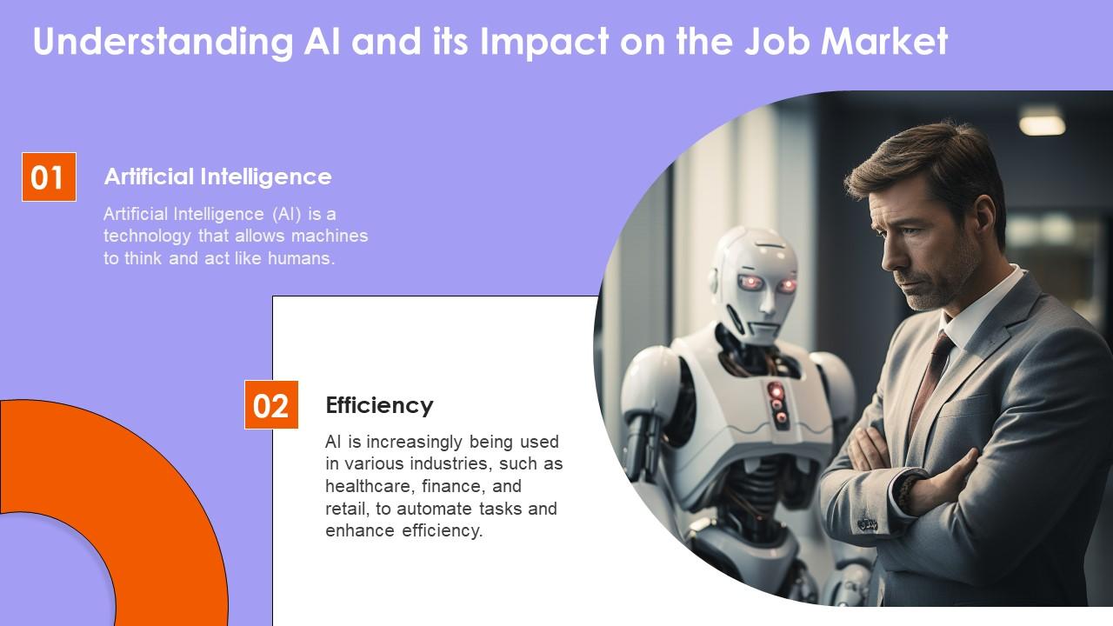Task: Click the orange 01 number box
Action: pyautogui.click(x=49, y=177)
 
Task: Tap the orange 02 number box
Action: pyautogui.click(x=270, y=405)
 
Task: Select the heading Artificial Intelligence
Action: pyautogui.click(x=217, y=176)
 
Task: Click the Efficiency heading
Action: pyautogui.click(x=379, y=405)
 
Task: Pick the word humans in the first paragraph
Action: pyautogui.click(x=304, y=259)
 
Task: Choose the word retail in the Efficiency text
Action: pyautogui.click(x=344, y=509)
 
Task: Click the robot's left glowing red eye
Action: pyautogui.click(x=749, y=282)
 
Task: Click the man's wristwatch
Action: pyautogui.click(x=907, y=491)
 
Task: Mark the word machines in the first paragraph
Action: pyautogui.click(x=328, y=236)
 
